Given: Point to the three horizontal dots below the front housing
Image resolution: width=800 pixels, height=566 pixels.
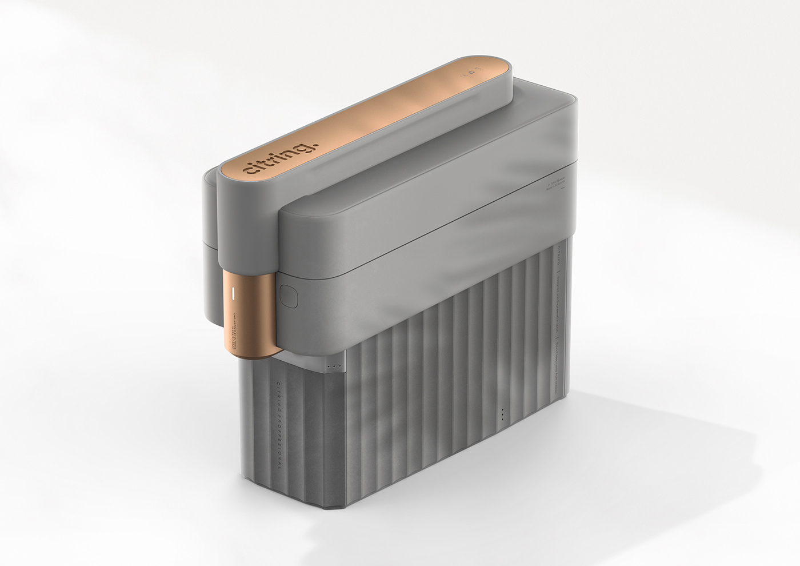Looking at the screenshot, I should click(x=334, y=366).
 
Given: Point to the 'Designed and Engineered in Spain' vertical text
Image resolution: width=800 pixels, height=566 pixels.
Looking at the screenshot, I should click(x=557, y=303).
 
